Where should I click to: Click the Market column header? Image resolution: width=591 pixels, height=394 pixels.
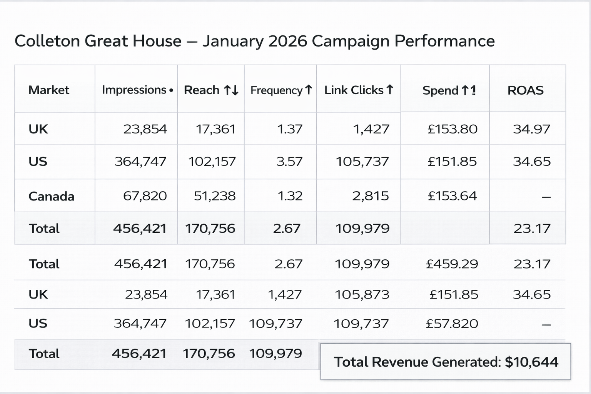tap(49, 90)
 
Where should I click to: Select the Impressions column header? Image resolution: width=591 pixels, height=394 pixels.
tap(134, 90)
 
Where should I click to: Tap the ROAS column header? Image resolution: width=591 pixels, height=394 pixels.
tap(525, 90)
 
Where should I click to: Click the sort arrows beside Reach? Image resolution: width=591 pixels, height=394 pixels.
tap(231, 90)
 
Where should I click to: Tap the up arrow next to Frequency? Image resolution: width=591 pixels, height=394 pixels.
tap(309, 90)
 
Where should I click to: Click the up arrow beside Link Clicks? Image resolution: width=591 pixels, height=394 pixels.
tap(390, 90)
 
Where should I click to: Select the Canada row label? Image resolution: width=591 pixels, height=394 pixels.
tap(51, 196)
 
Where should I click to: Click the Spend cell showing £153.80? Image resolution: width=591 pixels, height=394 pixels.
tap(452, 129)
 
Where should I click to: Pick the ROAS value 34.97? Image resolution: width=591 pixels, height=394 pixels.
tap(531, 129)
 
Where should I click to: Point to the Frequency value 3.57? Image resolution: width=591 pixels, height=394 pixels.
tap(289, 161)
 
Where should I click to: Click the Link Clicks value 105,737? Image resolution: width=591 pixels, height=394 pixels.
tap(362, 161)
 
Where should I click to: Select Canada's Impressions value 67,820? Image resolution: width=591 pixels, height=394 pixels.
tap(145, 196)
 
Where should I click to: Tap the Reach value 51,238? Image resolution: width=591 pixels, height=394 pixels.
tap(214, 196)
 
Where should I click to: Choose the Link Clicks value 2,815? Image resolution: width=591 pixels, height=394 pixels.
tap(370, 196)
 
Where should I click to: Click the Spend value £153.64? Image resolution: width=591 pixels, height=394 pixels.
tap(452, 196)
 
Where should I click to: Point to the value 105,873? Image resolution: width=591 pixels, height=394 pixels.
tap(362, 295)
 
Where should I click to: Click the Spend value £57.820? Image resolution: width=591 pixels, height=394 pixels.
tap(452, 324)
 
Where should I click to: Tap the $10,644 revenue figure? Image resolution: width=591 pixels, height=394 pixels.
tap(531, 362)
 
